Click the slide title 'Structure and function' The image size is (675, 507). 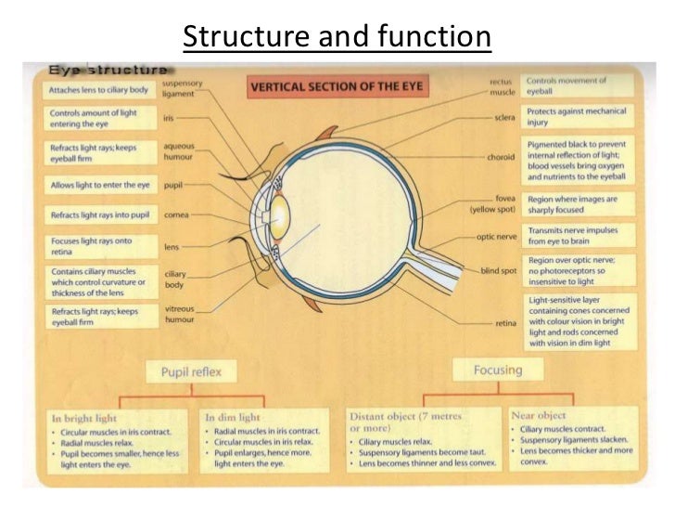pos(337,37)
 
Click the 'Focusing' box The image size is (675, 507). pos(498,370)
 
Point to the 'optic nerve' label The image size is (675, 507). pos(496,237)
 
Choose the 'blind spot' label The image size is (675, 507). pos(498,270)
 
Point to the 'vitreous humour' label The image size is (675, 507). pos(178,313)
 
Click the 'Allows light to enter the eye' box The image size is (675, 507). pos(99,186)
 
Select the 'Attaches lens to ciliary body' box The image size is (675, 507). pos(99,90)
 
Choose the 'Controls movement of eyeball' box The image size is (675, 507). pos(577,85)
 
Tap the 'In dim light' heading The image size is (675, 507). pos(232,418)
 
